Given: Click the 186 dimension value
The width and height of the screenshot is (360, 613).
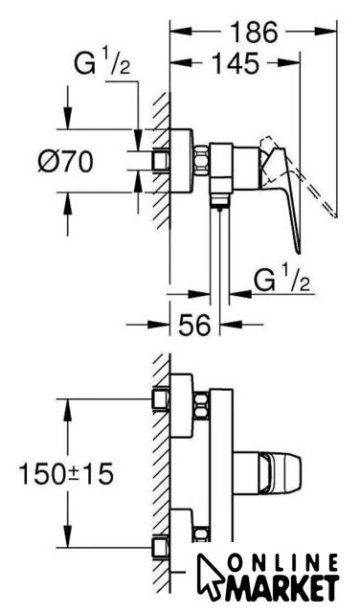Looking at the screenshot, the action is point(254,32).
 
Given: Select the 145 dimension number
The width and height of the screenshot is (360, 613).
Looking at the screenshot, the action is point(236,62).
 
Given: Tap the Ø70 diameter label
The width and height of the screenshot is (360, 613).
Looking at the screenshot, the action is point(66,161).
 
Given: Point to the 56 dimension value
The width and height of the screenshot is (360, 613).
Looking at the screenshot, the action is point(194,324).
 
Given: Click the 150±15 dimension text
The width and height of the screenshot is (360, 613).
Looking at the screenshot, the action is point(66,473).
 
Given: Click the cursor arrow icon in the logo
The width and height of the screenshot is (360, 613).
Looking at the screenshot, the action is point(210,575).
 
